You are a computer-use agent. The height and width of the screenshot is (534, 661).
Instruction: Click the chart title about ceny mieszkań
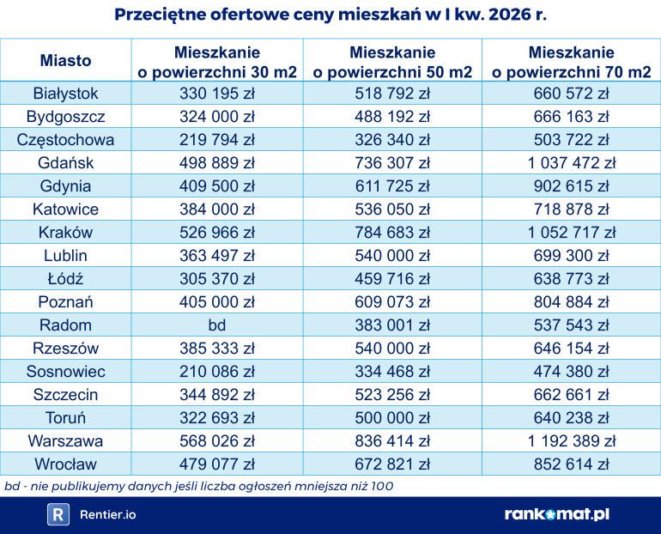pos(330,15)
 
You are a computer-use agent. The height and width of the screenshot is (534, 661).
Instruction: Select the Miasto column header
pos(65,60)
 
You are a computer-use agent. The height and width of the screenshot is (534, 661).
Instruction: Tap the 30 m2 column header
pos(217,62)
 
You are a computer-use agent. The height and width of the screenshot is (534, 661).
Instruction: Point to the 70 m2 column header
pos(571,62)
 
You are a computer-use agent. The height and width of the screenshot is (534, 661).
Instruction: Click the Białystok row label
pos(65,93)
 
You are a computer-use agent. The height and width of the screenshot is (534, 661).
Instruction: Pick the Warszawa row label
pos(65,440)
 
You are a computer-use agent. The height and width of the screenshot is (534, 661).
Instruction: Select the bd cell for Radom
pos(217,325)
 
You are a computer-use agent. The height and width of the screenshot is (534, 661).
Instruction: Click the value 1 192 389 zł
pos(571,440)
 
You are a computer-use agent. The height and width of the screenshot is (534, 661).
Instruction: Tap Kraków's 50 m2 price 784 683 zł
pos(392,232)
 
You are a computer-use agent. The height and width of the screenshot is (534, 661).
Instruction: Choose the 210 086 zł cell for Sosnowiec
pos(217,371)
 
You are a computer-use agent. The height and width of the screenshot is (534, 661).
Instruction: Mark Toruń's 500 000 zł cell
pos(392,417)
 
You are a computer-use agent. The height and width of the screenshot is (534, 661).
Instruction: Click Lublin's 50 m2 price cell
pos(392,255)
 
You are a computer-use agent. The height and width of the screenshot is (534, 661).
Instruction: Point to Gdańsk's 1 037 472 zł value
pos(571,162)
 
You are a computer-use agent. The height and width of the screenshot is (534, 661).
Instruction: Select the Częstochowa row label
pos(65,139)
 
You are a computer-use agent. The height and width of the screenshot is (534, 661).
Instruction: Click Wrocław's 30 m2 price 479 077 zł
pos(217,464)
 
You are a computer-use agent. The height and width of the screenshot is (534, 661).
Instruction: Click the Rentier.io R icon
pos(58,514)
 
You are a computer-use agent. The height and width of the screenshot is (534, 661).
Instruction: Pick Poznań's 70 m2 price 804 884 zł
pos(571,301)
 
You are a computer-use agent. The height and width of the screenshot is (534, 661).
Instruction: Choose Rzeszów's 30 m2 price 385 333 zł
pos(217,348)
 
